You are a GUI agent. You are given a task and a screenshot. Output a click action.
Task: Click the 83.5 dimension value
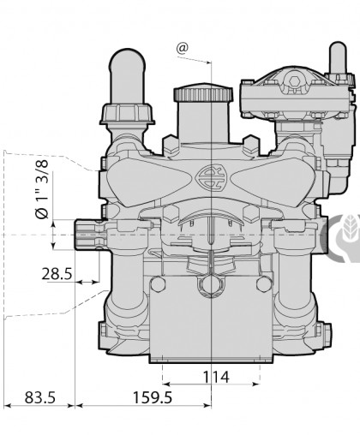[40, 397]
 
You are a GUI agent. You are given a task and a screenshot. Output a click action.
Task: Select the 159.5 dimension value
[153, 397]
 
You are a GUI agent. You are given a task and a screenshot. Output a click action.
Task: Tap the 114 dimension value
[216, 377]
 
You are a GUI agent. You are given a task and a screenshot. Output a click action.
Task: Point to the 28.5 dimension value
[57, 274]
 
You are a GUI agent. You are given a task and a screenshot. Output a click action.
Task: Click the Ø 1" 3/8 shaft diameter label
[42, 189]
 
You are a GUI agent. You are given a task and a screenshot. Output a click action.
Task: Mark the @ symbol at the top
[183, 48]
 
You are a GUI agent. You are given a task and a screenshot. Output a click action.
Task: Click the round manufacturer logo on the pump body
[211, 177]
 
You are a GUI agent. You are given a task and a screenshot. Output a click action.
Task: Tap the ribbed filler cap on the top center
[203, 92]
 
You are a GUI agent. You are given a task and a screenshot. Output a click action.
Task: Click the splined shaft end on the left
[87, 235]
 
